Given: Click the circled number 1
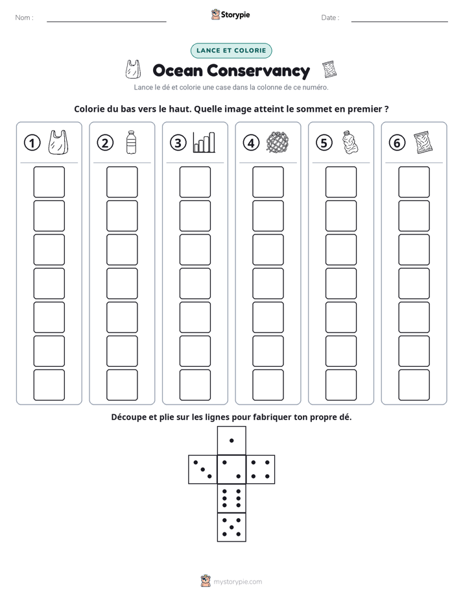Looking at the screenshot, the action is [x=32, y=143].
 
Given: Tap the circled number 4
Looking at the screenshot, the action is [x=251, y=143].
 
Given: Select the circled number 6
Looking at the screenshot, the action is [x=397, y=143].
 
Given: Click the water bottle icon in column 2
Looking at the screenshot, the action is [x=131, y=142].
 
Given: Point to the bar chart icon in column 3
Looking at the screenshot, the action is [x=204, y=142].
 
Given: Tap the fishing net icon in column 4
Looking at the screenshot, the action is [x=278, y=142].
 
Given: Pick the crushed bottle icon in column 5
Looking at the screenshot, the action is [x=350, y=142].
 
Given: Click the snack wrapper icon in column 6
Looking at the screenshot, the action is [x=423, y=142].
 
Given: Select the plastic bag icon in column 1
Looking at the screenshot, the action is [x=58, y=142].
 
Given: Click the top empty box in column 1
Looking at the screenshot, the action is [x=49, y=182].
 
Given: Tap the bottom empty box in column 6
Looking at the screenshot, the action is [x=414, y=385].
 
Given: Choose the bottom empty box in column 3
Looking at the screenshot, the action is [x=195, y=385].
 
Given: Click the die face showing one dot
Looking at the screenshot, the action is [x=231, y=440].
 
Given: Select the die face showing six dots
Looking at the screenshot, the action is [x=231, y=498].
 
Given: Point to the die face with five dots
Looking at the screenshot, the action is [x=231, y=527].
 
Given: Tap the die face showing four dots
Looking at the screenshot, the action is [x=261, y=469].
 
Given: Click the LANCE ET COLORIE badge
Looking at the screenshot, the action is [x=231, y=51].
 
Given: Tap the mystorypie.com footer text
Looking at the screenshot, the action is [x=237, y=582].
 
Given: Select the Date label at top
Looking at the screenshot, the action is [x=330, y=18].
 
